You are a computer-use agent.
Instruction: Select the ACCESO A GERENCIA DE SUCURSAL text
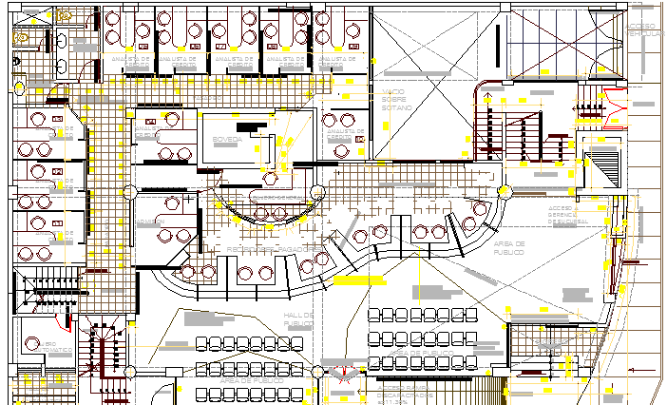(x=564, y=216)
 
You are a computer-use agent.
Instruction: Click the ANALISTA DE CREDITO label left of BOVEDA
(x=149, y=134)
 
